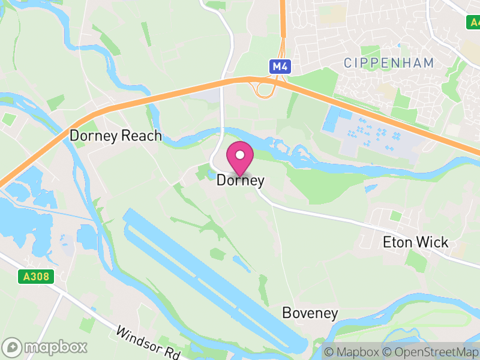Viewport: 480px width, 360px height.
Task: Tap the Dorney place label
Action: (240, 179)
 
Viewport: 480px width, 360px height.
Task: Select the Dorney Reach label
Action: (116, 136)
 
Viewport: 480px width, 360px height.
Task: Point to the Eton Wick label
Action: (415, 242)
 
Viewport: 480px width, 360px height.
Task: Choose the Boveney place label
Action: (310, 313)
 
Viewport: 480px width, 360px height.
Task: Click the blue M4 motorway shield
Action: (280, 67)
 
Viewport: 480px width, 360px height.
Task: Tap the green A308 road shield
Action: (36, 277)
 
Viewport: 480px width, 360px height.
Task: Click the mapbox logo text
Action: (56, 347)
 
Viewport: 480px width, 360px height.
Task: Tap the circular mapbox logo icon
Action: (13, 347)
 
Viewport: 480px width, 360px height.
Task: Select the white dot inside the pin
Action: (240, 155)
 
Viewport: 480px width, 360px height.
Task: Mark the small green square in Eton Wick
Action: (395, 215)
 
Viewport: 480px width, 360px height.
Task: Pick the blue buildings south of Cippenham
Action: (332, 121)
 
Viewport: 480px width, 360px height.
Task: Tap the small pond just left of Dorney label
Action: (209, 175)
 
